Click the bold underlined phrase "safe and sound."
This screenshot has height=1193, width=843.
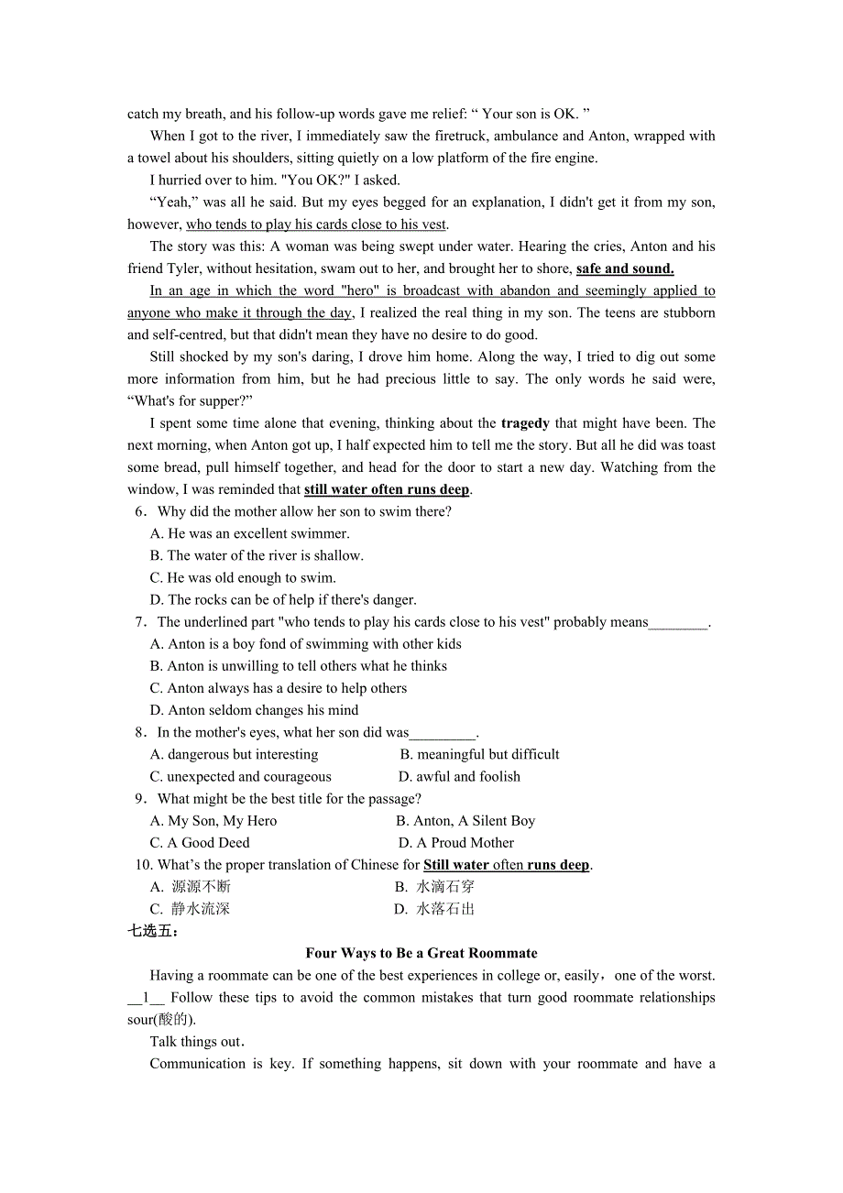pyautogui.click(x=625, y=268)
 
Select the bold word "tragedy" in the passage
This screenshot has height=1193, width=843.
pyautogui.click(x=525, y=423)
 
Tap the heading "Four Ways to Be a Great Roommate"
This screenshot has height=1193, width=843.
pyautogui.click(x=421, y=953)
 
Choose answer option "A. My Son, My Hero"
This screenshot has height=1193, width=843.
pyautogui.click(x=213, y=821)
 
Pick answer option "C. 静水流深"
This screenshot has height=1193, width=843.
pyautogui.click(x=191, y=909)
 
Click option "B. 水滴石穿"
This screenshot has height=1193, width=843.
pyautogui.click(x=434, y=887)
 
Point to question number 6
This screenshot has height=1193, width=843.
pyautogui.click(x=140, y=511)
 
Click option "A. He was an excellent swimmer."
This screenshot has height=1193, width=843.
pyautogui.click(x=249, y=533)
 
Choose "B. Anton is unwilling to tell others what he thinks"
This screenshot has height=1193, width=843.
pyautogui.click(x=299, y=666)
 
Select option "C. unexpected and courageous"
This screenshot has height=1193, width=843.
pyautogui.click(x=241, y=777)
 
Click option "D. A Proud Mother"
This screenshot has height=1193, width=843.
pyautogui.click(x=456, y=843)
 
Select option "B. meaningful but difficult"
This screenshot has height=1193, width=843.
pyautogui.click(x=479, y=755)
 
